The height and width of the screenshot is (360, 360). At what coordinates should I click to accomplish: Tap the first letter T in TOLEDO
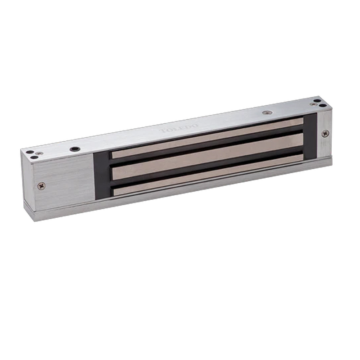(x=162, y=131)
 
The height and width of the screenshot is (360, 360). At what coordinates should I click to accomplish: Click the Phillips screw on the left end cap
(x=41, y=185)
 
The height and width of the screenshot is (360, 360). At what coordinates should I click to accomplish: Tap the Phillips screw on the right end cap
(x=325, y=133)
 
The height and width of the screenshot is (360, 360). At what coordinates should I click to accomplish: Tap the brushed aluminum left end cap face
(x=63, y=180)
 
